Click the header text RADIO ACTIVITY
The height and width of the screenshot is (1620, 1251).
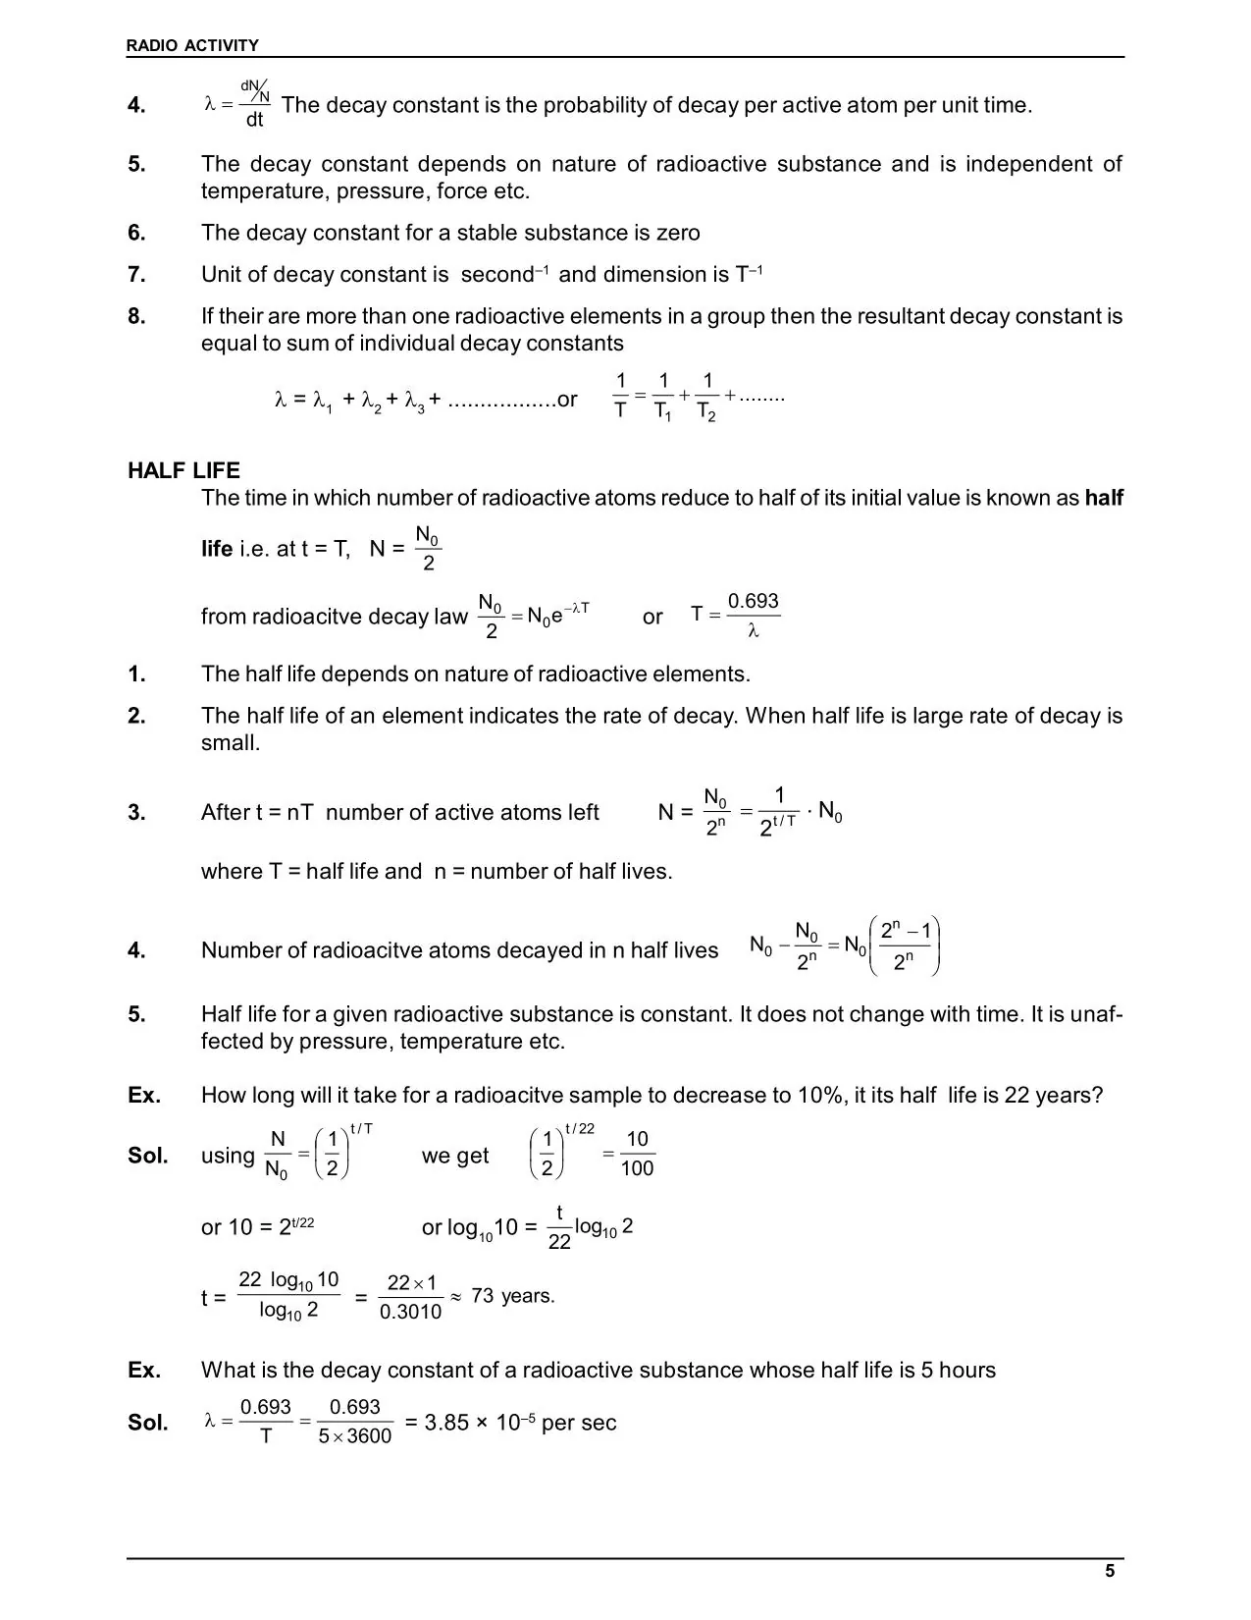pos(192,45)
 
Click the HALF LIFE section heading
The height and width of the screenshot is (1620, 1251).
pos(183,470)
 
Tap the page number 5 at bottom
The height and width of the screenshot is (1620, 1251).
pos(1110,1571)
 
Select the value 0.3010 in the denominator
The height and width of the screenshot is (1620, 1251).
pos(410,1312)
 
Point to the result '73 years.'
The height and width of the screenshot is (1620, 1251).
pos(512,1296)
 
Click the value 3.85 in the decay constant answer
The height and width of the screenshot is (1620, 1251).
pos(446,1423)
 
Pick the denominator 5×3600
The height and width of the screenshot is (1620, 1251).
pos(354,1436)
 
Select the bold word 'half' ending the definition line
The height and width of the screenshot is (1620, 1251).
pos(1104,498)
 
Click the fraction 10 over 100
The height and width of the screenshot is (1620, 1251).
pos(637,1154)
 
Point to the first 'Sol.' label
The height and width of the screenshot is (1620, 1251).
pos(147,1156)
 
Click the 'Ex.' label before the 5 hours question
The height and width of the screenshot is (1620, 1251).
pos(144,1370)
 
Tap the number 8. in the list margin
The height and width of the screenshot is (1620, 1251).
pos(136,316)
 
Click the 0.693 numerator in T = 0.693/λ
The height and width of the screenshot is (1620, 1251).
pos(753,601)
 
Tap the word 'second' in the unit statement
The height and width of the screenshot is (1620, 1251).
pos(496,275)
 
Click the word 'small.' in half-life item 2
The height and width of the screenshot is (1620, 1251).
pos(231,743)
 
